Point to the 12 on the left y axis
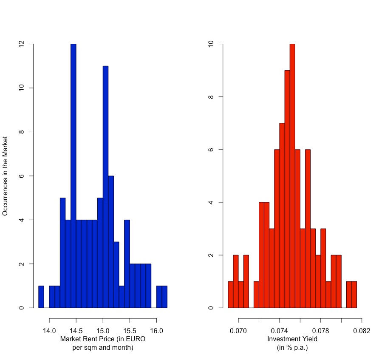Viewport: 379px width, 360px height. point(21,44)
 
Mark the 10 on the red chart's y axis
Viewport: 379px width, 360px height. point(210,44)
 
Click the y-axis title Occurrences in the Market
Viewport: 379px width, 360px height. point(6,176)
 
